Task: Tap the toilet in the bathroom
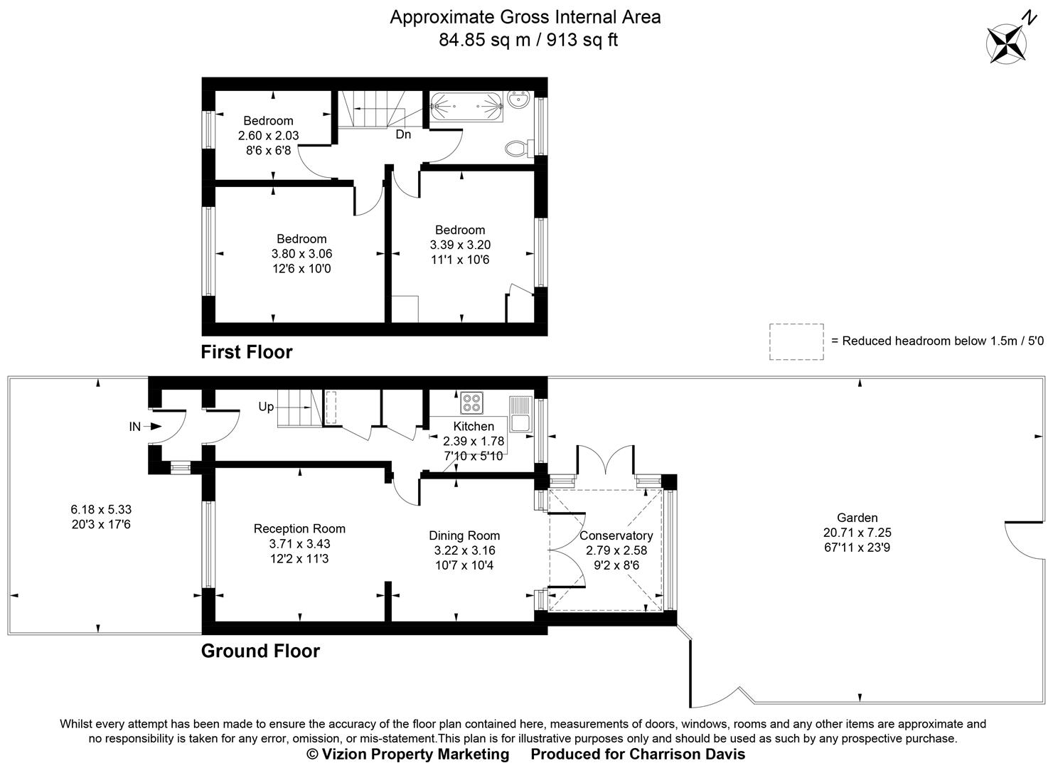pyautogui.click(x=518, y=149)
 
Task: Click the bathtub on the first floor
pyautogui.click(x=466, y=108)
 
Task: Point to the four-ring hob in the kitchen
pyautogui.click(x=471, y=403)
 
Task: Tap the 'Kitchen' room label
pyautogui.click(x=474, y=427)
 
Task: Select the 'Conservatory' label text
pyautogui.click(x=616, y=535)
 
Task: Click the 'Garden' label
pyautogui.click(x=857, y=518)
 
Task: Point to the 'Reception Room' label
pyautogui.click(x=299, y=528)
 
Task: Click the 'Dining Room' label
pyautogui.click(x=464, y=535)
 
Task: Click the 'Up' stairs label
pyautogui.click(x=266, y=407)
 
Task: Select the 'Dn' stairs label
pyautogui.click(x=403, y=134)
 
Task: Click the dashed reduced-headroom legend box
pyautogui.click(x=796, y=341)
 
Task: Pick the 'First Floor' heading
pyautogui.click(x=247, y=352)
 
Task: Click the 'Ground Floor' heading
pyautogui.click(x=260, y=651)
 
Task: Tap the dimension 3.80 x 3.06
pyautogui.click(x=301, y=254)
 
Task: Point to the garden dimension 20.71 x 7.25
pyautogui.click(x=857, y=533)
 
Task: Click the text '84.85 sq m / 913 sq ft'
pyautogui.click(x=528, y=40)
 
